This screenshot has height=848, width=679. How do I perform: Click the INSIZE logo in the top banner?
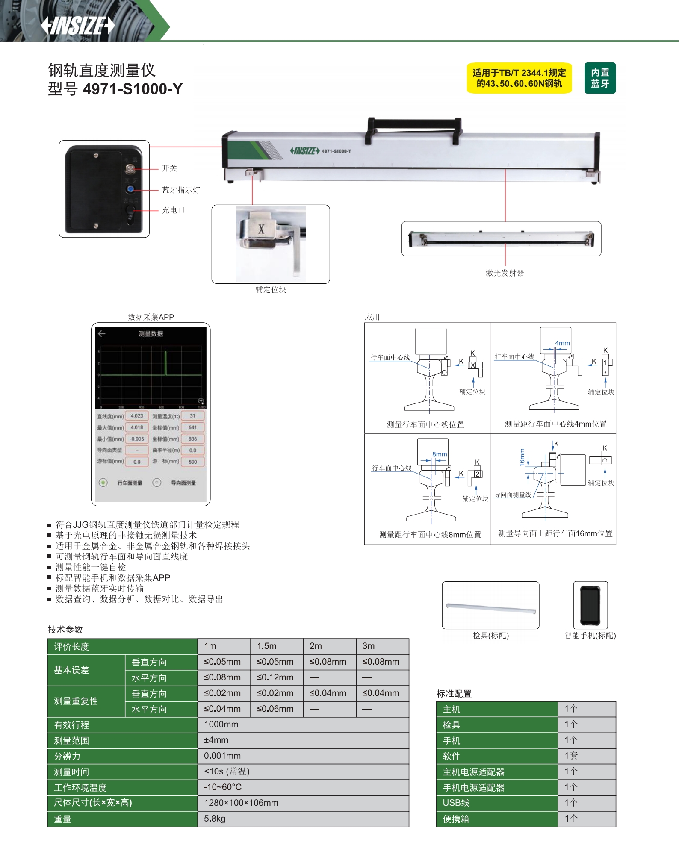point(78,25)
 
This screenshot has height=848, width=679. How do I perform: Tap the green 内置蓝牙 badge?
point(600,78)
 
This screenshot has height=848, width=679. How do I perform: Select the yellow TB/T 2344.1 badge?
point(519,78)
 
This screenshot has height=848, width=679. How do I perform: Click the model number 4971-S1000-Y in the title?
point(133,89)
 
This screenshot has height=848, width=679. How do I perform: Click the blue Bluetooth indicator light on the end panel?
point(130,189)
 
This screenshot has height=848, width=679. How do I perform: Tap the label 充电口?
point(173,210)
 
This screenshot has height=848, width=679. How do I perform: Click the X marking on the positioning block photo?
point(261,229)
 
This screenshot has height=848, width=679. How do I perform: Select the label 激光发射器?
point(505,273)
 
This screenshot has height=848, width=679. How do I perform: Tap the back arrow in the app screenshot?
point(101,333)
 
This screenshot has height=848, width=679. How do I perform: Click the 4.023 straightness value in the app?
point(137,416)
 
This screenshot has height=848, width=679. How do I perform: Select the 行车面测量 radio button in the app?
point(103,483)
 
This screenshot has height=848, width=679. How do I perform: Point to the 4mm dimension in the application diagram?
point(562,343)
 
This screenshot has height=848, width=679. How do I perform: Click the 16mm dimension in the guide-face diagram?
point(522,457)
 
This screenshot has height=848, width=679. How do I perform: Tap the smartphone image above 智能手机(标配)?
point(590,605)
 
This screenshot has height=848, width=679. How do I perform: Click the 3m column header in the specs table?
point(369,646)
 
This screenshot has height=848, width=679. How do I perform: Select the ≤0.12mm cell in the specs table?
point(275,677)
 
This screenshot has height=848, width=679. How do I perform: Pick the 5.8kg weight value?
point(215,819)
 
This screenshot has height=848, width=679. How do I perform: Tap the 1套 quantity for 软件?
point(571,756)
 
